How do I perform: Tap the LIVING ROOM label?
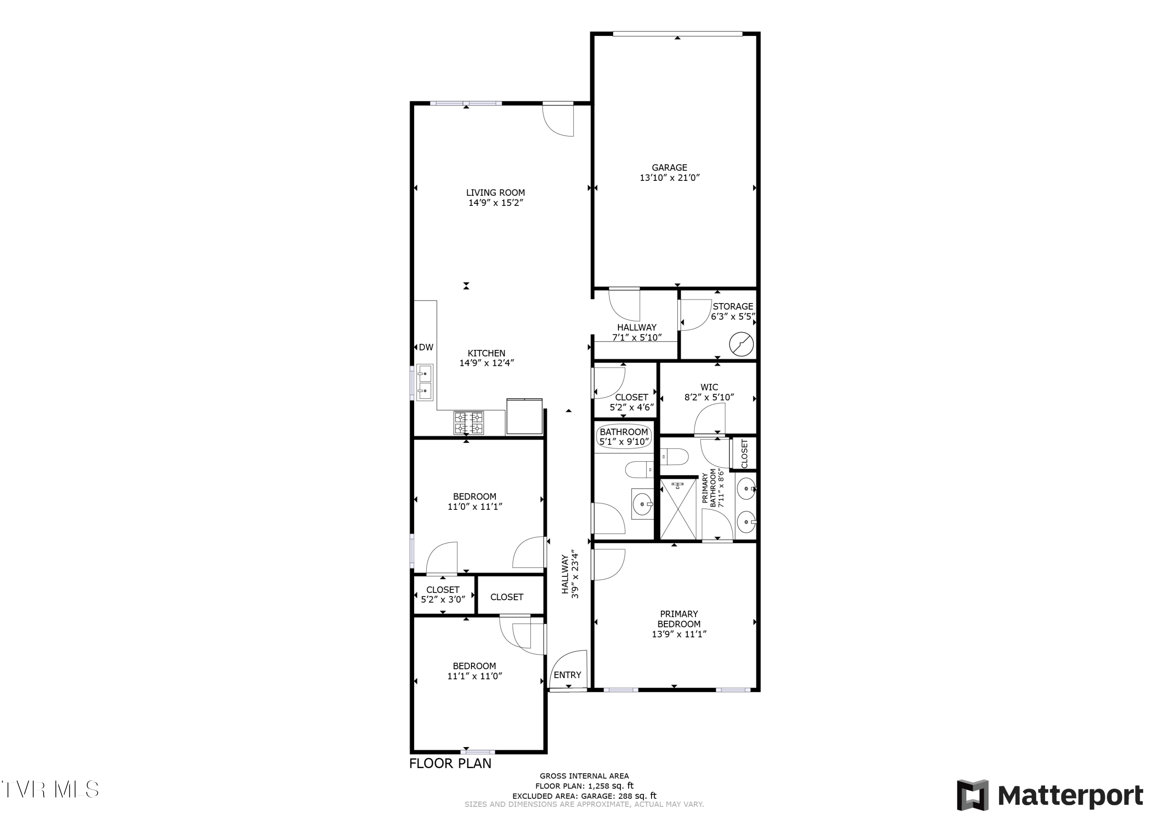495,193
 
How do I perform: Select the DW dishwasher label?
426,347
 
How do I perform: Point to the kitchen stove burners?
469,423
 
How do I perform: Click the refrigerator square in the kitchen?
524,417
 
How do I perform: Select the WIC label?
709,387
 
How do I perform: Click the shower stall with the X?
678,509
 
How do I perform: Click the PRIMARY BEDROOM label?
679,619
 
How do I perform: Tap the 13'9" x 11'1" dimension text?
679,634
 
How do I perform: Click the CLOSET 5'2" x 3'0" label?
443,594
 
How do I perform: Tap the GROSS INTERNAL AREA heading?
584,776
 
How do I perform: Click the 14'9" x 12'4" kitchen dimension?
487,363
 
